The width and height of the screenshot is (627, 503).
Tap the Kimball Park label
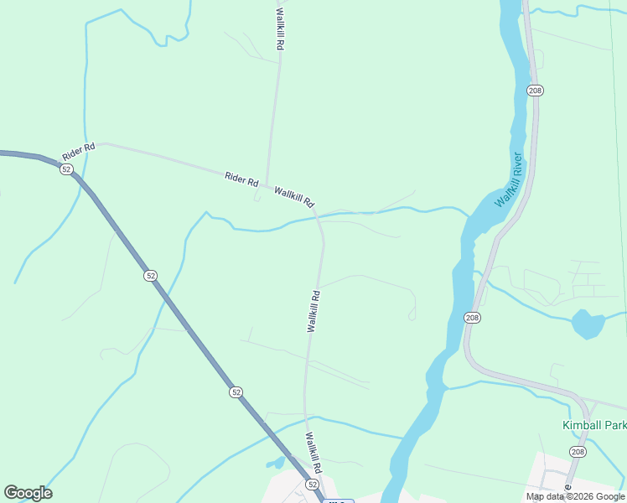click(593, 425)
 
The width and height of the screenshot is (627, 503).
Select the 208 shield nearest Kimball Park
click(578, 452)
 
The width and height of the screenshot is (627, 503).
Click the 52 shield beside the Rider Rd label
click(66, 169)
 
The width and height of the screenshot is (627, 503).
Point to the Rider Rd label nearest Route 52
click(79, 152)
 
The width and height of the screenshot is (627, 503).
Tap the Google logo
click(28, 493)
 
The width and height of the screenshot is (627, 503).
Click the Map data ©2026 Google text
click(576, 496)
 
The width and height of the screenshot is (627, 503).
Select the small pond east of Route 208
click(588, 323)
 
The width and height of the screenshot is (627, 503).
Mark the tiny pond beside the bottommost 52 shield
click(276, 462)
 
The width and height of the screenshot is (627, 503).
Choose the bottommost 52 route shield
click(312, 485)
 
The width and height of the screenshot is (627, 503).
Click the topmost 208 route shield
click(535, 90)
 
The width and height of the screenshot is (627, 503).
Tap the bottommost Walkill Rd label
click(314, 454)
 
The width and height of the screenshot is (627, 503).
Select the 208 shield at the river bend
click(472, 317)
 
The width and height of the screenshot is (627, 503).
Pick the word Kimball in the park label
click(581, 425)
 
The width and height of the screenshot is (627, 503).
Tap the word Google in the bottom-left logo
click(28, 493)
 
